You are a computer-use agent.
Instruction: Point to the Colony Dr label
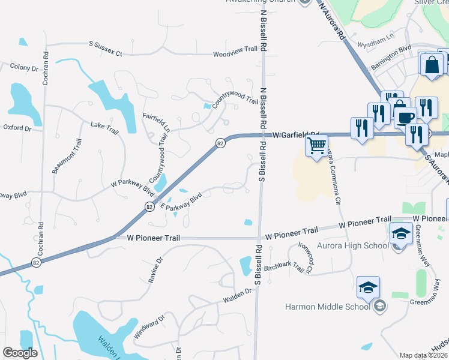[x=23, y=68]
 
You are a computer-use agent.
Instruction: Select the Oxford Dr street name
[x=16, y=128]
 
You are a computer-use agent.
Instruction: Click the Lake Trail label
[x=105, y=127]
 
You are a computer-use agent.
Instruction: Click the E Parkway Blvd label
[x=181, y=202]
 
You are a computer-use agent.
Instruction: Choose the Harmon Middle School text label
[x=328, y=307]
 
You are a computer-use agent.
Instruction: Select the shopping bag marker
[x=432, y=65]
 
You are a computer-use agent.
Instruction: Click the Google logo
[x=20, y=353]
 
